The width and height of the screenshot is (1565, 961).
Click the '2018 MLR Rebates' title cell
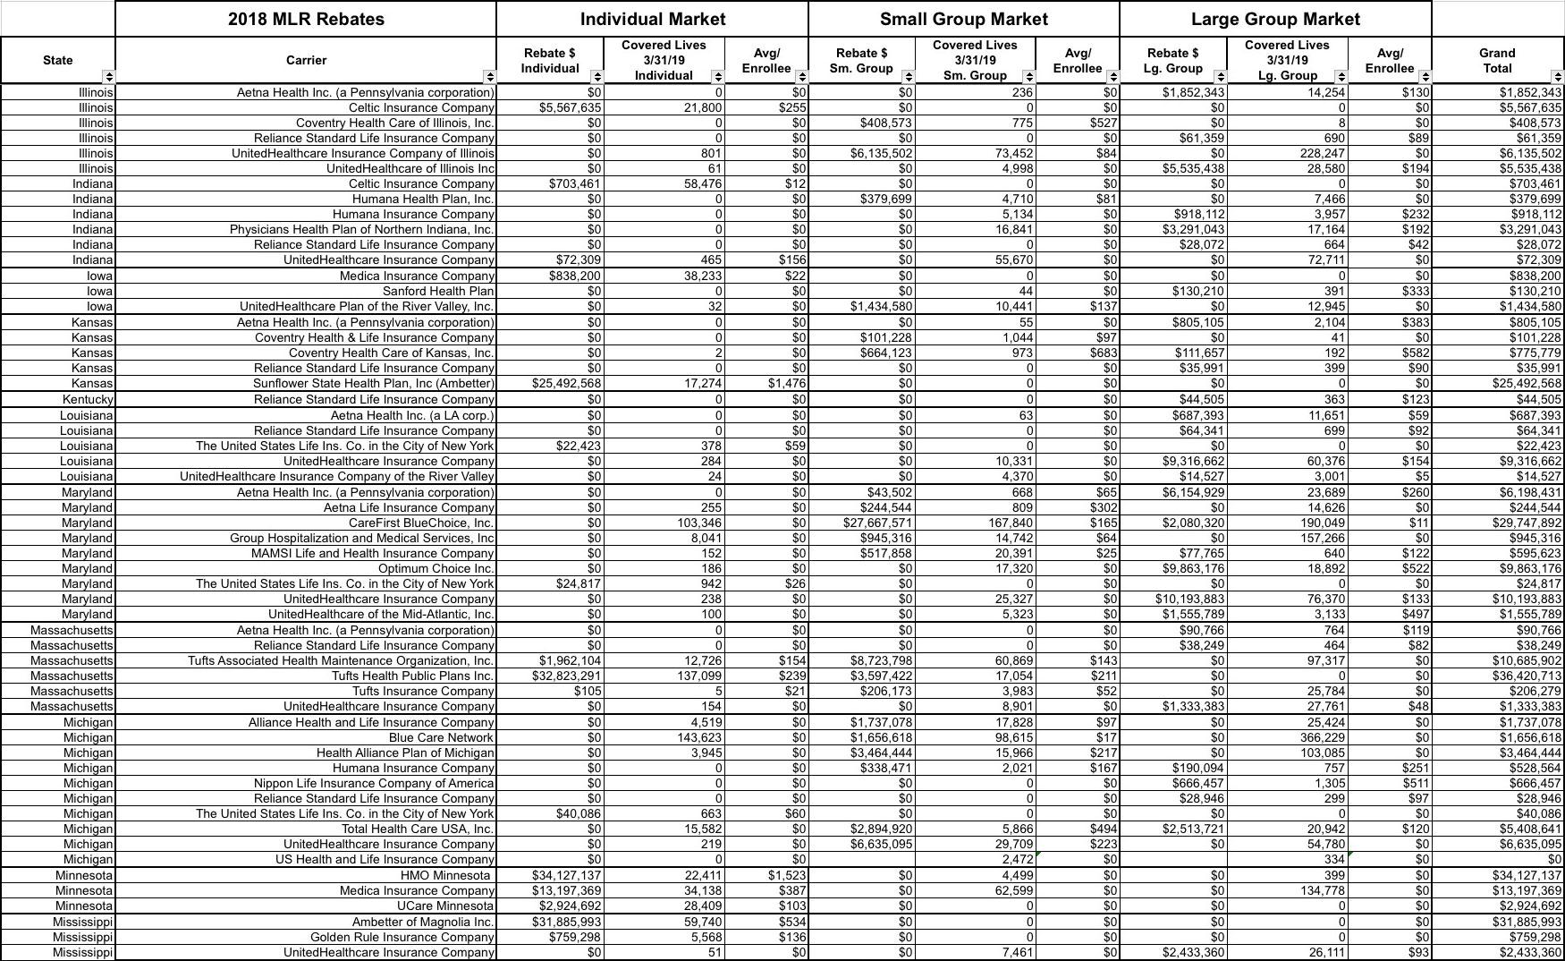[306, 19]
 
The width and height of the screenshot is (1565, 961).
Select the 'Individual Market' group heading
[653, 19]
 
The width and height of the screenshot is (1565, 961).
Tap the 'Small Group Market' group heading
[963, 19]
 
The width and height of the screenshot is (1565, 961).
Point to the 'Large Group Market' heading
[1275, 19]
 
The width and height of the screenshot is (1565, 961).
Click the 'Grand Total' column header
[1497, 60]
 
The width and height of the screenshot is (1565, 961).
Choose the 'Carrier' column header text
[306, 60]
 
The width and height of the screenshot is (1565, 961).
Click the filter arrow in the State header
[108, 76]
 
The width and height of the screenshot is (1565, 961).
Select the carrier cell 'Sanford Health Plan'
[438, 291]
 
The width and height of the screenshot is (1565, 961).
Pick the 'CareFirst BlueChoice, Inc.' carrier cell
[421, 523]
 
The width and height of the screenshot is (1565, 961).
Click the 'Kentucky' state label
[88, 399]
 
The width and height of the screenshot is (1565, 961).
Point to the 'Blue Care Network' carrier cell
[441, 737]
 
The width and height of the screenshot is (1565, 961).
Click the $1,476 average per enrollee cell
[787, 383]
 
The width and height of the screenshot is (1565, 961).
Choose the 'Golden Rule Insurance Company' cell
[402, 937]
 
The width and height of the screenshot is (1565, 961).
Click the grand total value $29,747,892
[1527, 523]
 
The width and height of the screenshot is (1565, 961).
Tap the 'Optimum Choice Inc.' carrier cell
[436, 568]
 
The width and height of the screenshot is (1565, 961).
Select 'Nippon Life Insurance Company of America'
[374, 783]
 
